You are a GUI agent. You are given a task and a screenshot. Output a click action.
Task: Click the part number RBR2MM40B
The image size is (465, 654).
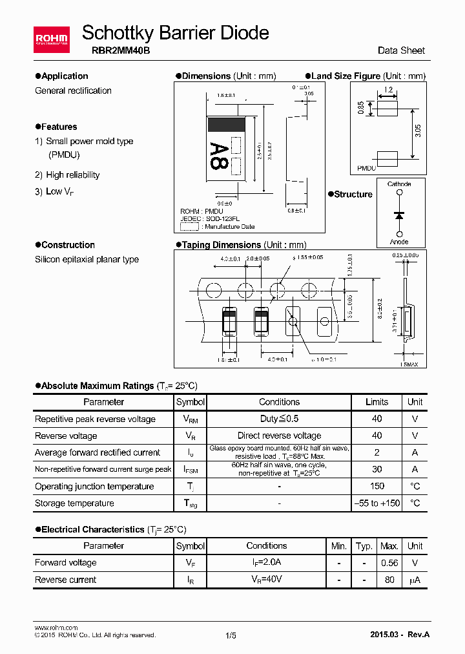point(116,50)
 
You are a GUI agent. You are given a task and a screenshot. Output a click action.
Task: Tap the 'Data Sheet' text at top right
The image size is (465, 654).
point(401,50)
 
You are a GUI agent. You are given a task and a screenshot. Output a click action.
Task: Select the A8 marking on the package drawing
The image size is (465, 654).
point(219,156)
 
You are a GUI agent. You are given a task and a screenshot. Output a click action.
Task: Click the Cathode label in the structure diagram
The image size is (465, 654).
point(399,184)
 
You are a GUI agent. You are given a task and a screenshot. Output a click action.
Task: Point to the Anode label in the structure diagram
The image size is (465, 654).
point(399,242)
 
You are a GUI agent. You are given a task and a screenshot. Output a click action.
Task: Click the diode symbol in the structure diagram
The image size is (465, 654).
point(399,214)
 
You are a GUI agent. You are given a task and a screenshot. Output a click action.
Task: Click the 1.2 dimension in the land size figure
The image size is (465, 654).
point(388,90)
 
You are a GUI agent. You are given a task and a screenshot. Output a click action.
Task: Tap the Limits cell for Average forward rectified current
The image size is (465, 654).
point(377,452)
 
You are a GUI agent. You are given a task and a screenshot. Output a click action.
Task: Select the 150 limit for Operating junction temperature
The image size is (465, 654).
point(377,486)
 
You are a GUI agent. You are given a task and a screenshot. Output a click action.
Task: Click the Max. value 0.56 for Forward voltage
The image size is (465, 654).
point(389,563)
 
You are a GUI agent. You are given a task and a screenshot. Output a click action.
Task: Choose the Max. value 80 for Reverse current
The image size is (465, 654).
point(389,580)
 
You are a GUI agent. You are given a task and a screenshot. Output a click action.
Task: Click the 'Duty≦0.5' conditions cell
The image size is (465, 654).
point(279,419)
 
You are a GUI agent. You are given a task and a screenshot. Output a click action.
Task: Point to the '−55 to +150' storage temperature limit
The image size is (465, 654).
point(377,503)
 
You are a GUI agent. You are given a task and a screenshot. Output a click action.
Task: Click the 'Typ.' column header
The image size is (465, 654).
point(364,546)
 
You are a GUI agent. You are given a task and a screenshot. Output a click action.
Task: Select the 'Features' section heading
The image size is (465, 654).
point(59,127)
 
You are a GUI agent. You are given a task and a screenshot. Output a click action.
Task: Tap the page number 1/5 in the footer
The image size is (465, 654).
point(231,635)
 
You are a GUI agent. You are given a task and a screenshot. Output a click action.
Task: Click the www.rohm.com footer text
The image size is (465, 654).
point(56,628)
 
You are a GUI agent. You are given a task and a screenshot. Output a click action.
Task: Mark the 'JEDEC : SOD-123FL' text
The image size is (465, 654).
point(210,219)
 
